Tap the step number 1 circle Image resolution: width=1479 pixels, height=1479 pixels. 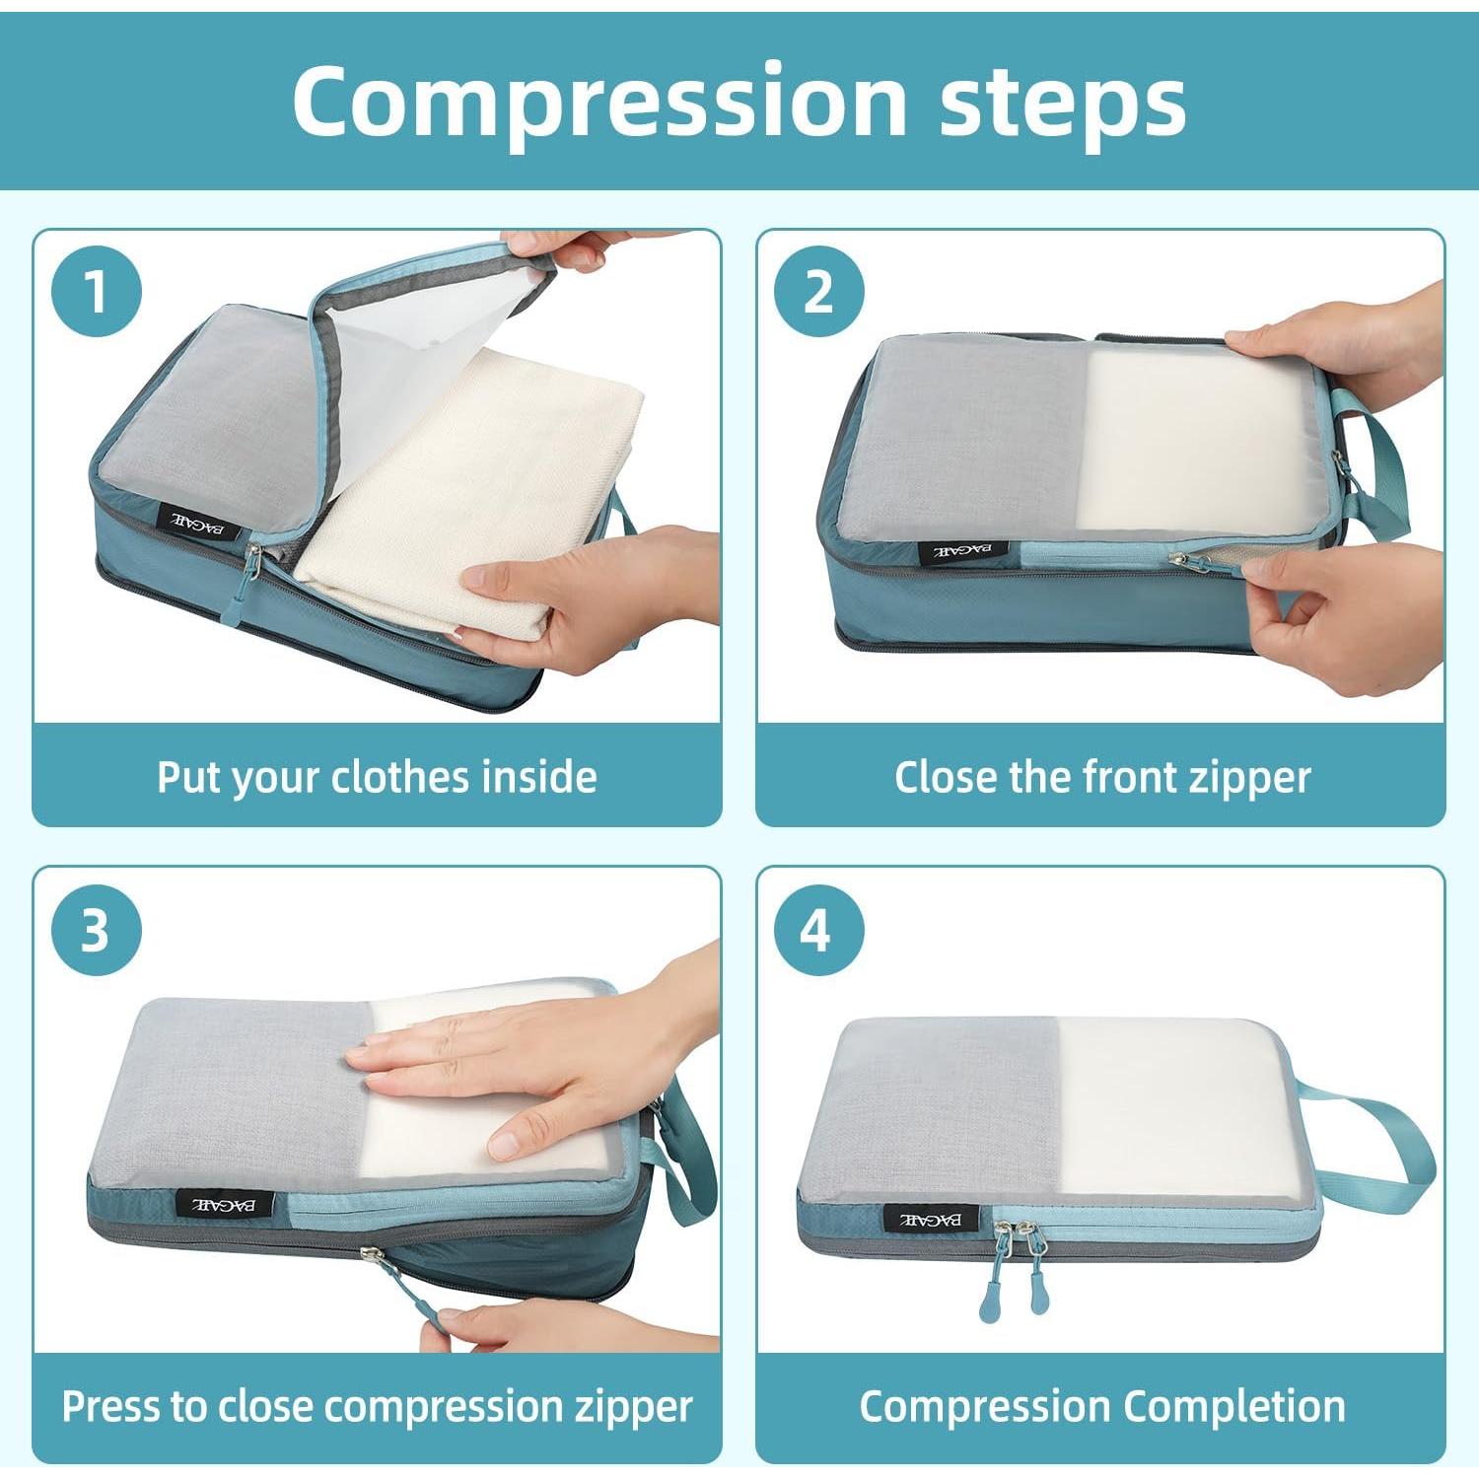click(96, 292)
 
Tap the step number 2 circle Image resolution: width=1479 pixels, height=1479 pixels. click(818, 292)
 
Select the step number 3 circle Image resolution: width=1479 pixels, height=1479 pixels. click(96, 930)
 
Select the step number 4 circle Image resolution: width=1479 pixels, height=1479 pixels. click(818, 930)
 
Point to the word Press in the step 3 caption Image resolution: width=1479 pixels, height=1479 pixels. click(110, 1406)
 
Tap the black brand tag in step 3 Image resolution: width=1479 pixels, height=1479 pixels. click(223, 1203)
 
